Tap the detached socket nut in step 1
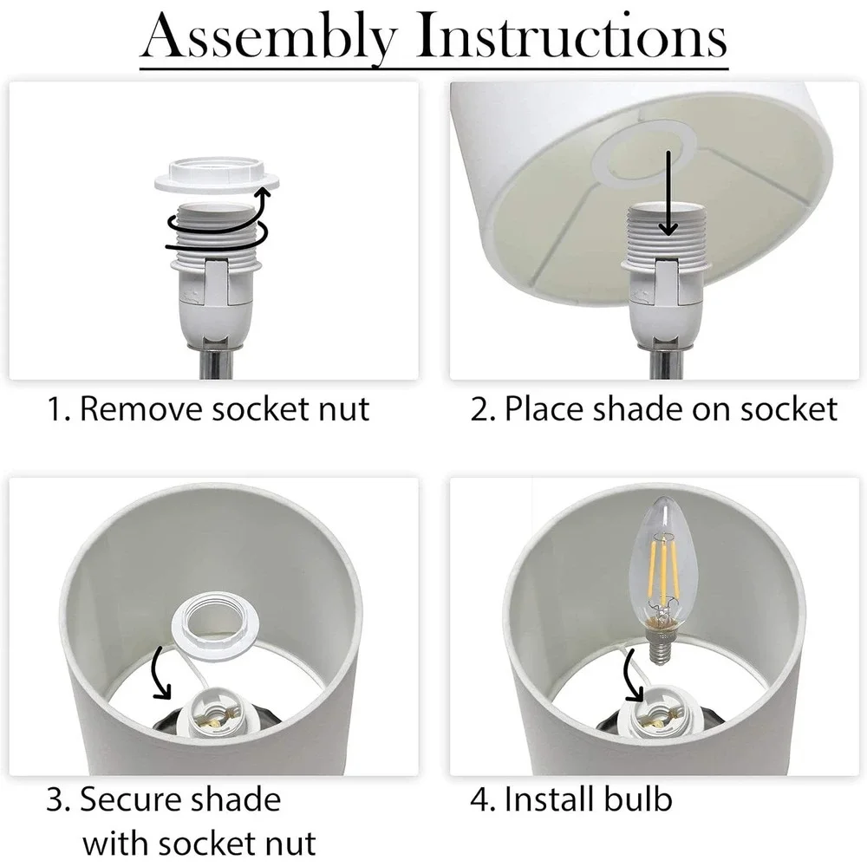216,175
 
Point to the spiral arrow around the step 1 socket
218,224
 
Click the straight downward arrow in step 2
668,193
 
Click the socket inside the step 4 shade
657,714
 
